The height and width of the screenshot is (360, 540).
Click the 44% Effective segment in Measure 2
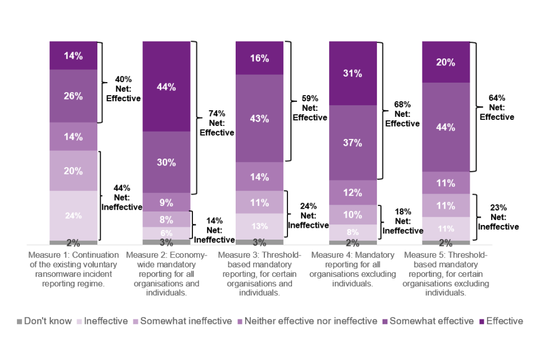click(x=166, y=87)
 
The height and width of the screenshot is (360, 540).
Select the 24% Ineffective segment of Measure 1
click(x=73, y=215)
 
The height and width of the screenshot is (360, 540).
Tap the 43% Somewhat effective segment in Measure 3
click(x=259, y=119)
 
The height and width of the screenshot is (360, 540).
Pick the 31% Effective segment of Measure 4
click(x=353, y=73)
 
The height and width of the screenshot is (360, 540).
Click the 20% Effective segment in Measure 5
click(x=445, y=62)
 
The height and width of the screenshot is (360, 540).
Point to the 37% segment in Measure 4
click(x=353, y=143)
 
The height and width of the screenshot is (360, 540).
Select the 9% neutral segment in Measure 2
click(x=166, y=202)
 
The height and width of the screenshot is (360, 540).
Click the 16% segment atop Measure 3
click(x=259, y=58)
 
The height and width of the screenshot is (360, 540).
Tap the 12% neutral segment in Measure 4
click(x=353, y=192)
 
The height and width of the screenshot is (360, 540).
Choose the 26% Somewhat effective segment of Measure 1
click(x=73, y=96)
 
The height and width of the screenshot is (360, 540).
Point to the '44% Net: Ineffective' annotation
click(x=122, y=197)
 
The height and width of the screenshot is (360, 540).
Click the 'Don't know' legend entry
click(x=44, y=321)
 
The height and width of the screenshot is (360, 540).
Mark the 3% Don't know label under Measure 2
click(x=166, y=243)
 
